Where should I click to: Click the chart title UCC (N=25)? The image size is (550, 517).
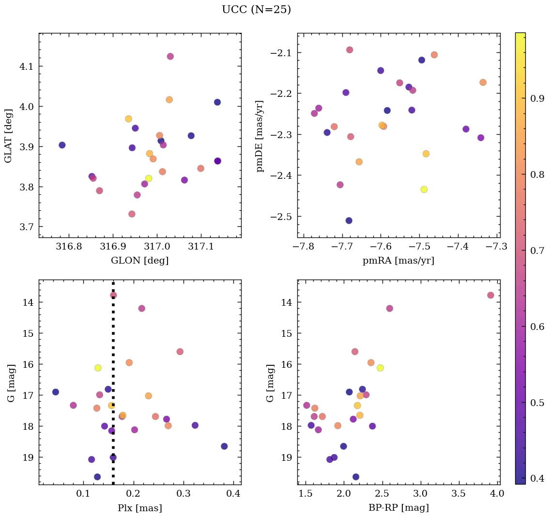coord(256,10)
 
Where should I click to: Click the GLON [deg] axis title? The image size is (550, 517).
coord(140,261)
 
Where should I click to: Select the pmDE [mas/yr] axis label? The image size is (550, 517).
coord(260,136)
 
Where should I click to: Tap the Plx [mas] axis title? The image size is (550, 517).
coord(140,508)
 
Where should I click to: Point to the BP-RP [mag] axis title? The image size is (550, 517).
coord(398,508)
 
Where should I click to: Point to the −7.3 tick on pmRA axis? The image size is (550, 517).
coord(498,247)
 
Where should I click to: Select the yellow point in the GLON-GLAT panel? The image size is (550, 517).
coord(149,178)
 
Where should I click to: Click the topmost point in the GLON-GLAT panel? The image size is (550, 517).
coord(170,56)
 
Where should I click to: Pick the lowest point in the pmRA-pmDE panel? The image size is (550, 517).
coord(349,220)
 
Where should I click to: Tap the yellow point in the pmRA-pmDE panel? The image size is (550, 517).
coord(424,189)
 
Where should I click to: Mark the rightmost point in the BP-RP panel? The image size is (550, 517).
coord(490,295)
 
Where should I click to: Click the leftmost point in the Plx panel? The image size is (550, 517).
coord(56,392)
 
